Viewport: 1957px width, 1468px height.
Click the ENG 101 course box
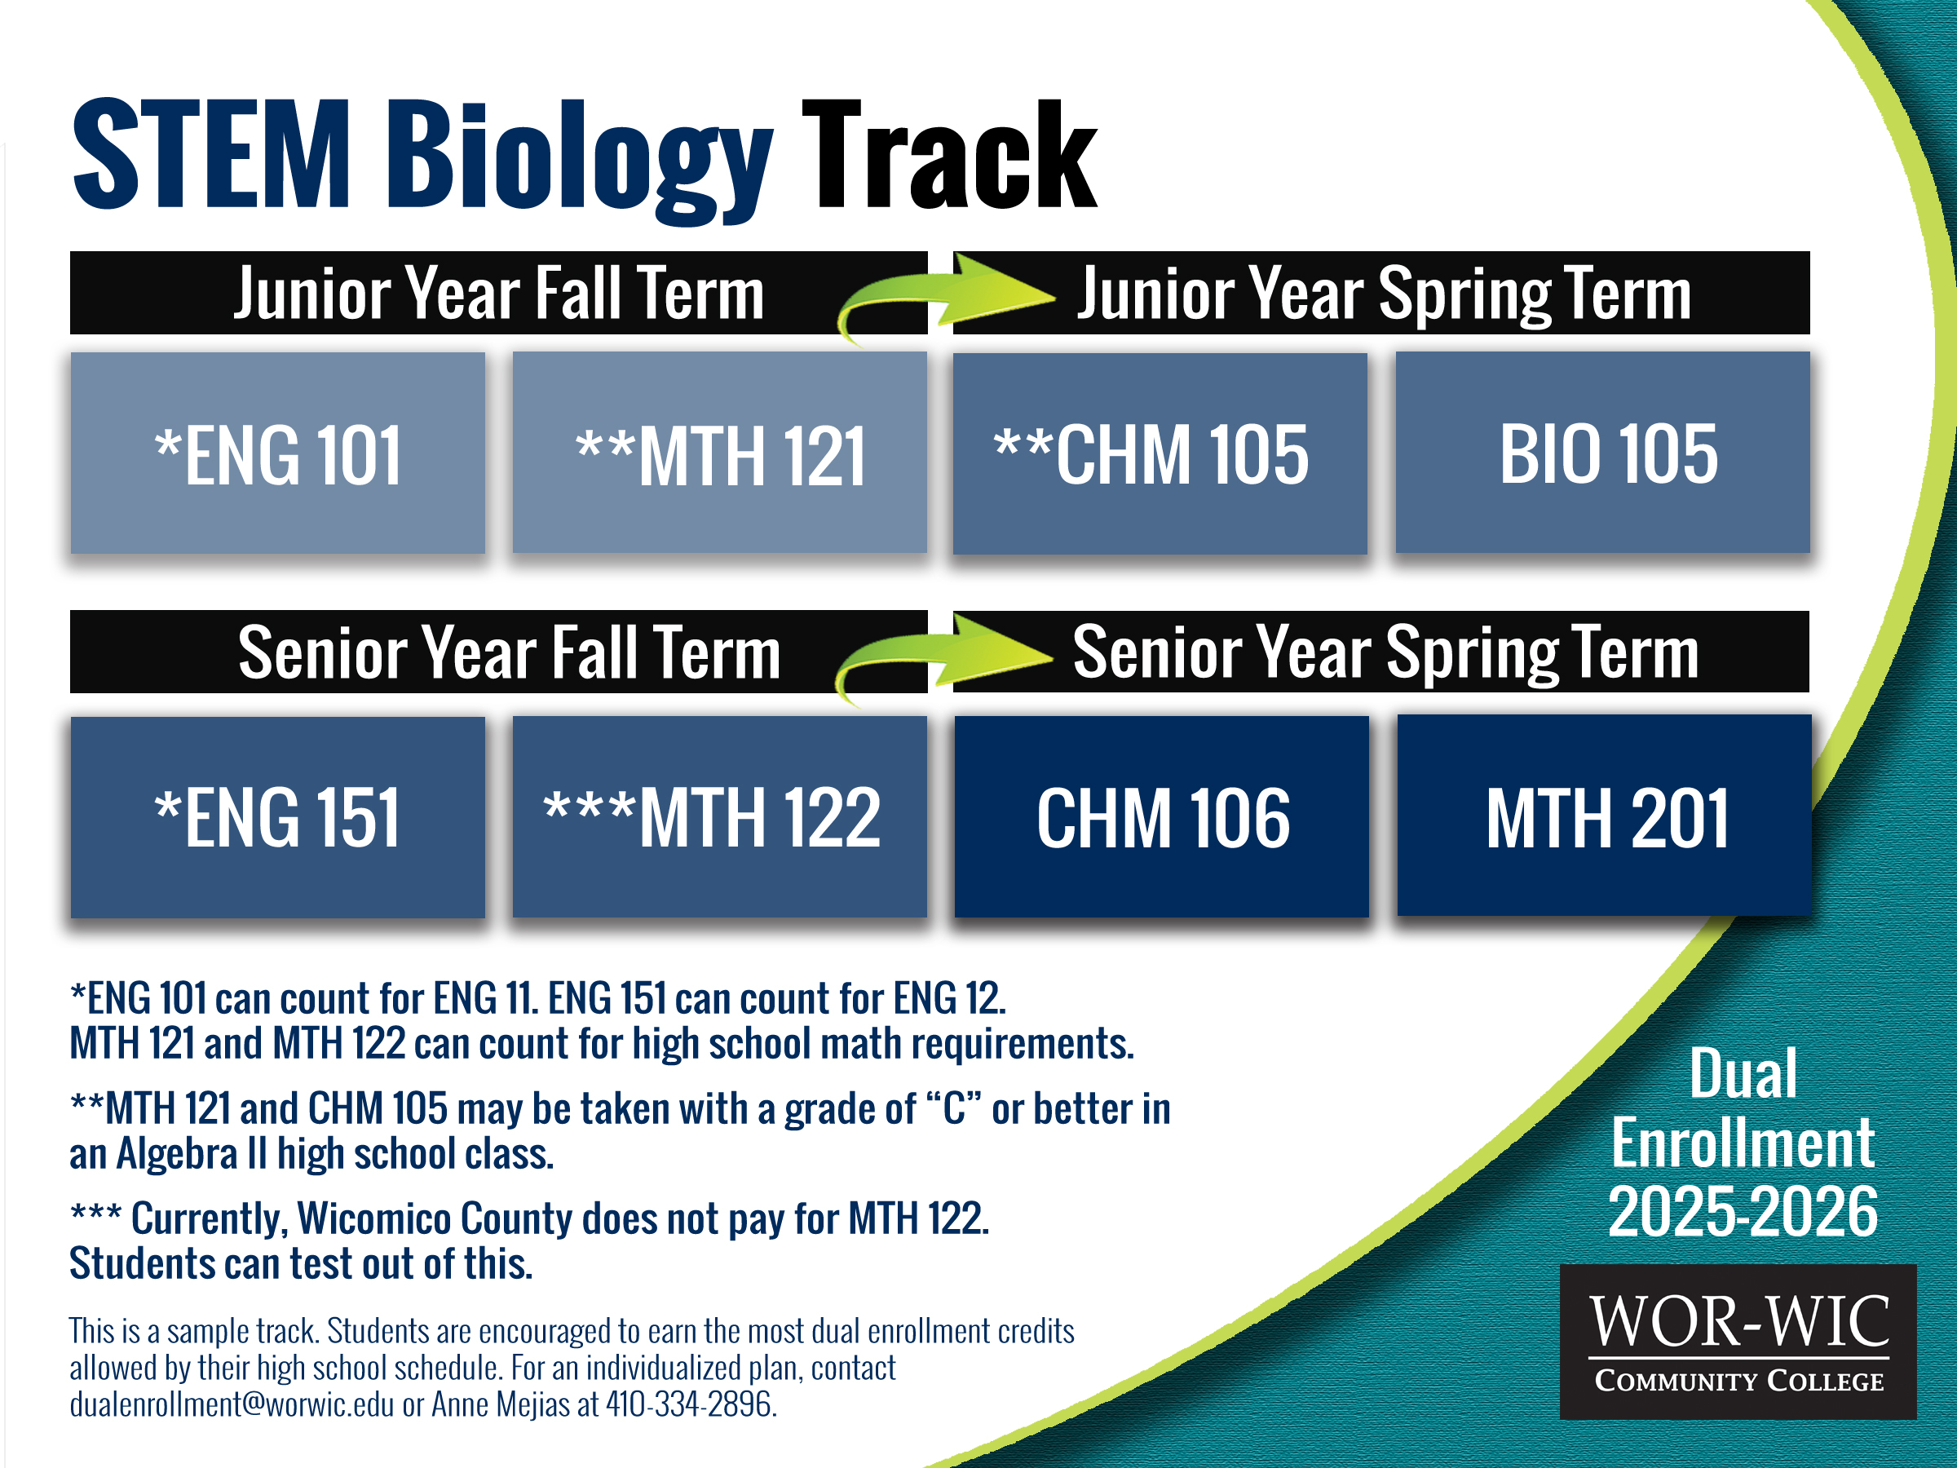pyautogui.click(x=278, y=453)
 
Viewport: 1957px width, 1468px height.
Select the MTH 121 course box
pyautogui.click(x=720, y=453)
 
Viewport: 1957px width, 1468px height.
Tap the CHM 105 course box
pyautogui.click(x=1160, y=454)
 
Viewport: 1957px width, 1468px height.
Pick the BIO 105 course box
pyautogui.click(x=1603, y=453)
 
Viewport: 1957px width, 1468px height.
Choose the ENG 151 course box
pyautogui.click(x=278, y=816)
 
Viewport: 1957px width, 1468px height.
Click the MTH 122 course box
pyautogui.click(x=720, y=816)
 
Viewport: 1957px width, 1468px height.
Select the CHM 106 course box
pyautogui.click(x=1162, y=816)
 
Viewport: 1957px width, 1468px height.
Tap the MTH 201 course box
pyautogui.click(x=1604, y=816)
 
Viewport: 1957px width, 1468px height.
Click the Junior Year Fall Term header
pyautogui.click(x=499, y=293)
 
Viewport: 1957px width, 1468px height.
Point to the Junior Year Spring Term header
pyautogui.click(x=1382, y=293)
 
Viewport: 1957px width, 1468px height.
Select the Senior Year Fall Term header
pyautogui.click(x=499, y=652)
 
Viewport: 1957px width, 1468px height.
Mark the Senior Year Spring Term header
pyautogui.click(x=1381, y=652)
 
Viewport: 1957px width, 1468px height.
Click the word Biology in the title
pyautogui.click(x=580, y=159)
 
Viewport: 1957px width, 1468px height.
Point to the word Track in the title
pyautogui.click(x=949, y=154)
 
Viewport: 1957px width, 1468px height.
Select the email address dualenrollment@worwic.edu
pyautogui.click(x=232, y=1404)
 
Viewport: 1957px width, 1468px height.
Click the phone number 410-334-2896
pyautogui.click(x=691, y=1404)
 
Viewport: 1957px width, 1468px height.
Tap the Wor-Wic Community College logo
pyautogui.click(x=1738, y=1342)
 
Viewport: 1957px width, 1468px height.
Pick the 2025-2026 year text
pyautogui.click(x=1743, y=1211)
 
